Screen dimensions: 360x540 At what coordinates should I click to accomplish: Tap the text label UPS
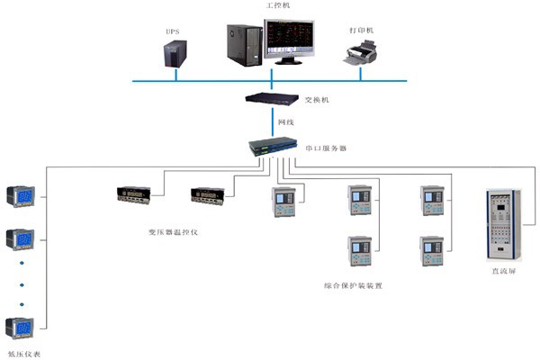172,31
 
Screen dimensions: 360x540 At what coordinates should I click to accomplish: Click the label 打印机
363,30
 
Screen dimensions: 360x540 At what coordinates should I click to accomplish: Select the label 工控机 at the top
279,5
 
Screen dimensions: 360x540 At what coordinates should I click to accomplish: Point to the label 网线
284,121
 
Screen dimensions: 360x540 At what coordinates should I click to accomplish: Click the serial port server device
275,145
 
